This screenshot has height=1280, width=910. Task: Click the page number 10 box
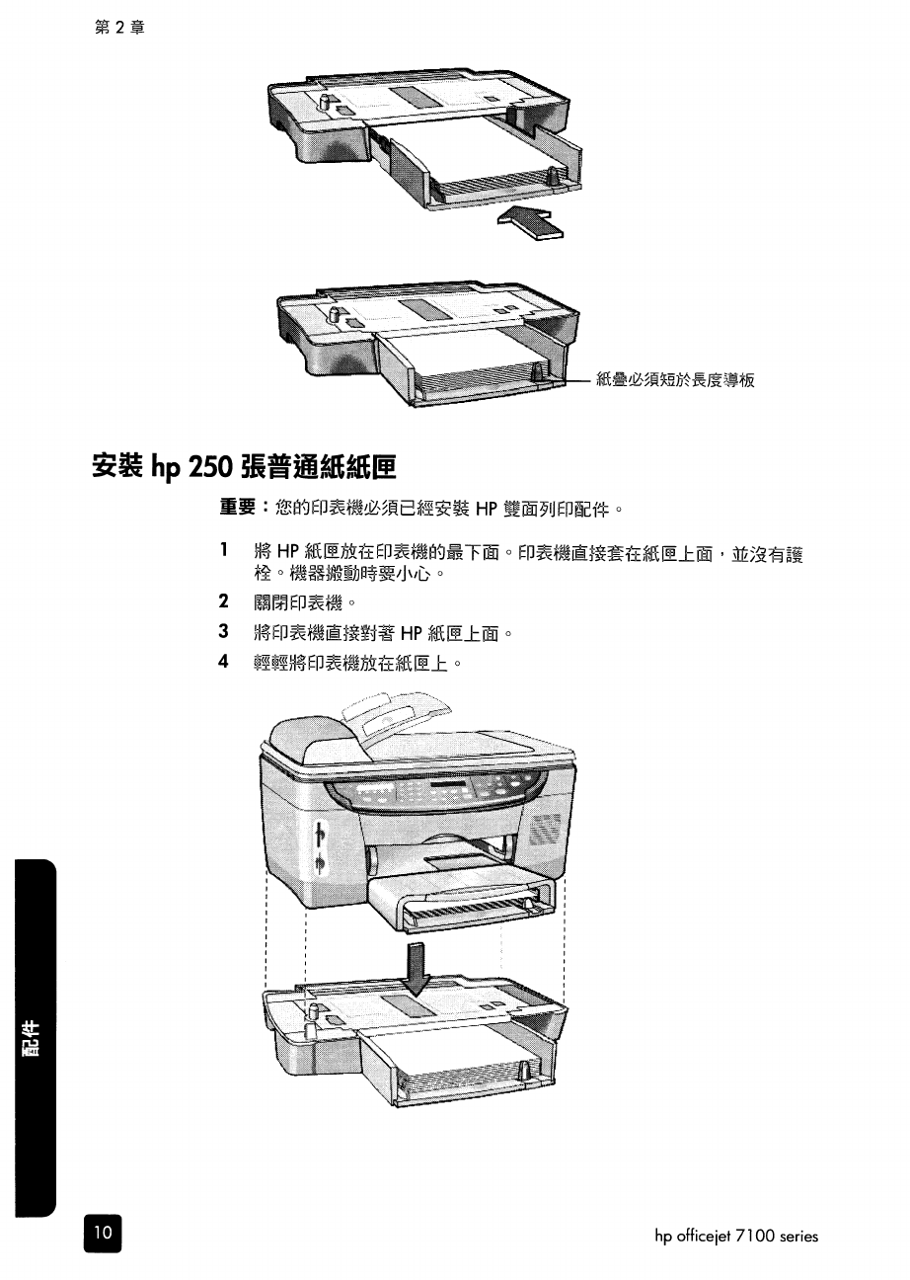click(102, 1234)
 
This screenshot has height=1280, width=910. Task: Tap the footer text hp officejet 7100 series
click(736, 1236)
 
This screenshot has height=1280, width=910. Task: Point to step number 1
click(224, 550)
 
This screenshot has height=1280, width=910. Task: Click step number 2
click(224, 601)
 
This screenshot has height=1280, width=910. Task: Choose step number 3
click(224, 631)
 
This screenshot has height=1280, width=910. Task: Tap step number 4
click(224, 662)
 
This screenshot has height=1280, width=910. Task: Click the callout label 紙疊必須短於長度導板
click(675, 380)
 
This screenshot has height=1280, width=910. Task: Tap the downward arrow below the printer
click(418, 967)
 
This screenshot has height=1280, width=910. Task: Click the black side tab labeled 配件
click(35, 1037)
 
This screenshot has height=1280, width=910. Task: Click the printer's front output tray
click(459, 894)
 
